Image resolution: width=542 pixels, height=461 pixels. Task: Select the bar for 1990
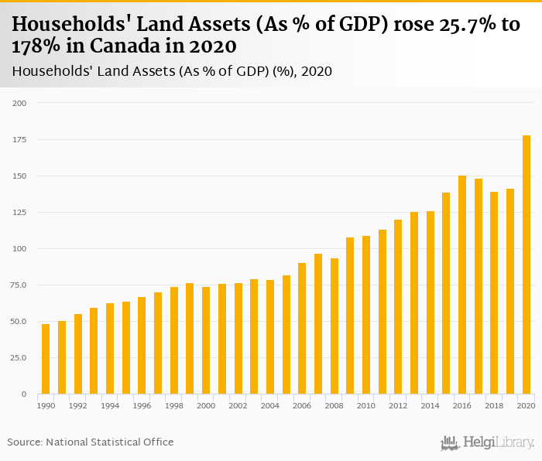(46, 359)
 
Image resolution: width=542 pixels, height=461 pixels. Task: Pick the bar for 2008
(334, 326)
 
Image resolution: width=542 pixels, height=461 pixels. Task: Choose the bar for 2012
(398, 306)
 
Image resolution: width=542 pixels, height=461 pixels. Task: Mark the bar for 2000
(206, 340)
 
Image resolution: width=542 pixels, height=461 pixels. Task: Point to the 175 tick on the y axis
(18, 139)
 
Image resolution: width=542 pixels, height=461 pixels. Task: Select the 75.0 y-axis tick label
(17, 285)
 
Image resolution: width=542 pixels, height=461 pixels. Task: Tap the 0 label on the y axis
(22, 394)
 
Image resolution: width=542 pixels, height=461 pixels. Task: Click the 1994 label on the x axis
(110, 405)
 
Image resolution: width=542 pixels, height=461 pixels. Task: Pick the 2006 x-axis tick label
(302, 405)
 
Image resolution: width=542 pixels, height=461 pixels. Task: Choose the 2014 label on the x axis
(431, 405)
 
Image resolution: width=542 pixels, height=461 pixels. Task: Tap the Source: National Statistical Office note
(91, 442)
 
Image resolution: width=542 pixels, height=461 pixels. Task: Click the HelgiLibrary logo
(487, 442)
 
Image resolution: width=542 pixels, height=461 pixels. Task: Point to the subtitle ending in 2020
(172, 72)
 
